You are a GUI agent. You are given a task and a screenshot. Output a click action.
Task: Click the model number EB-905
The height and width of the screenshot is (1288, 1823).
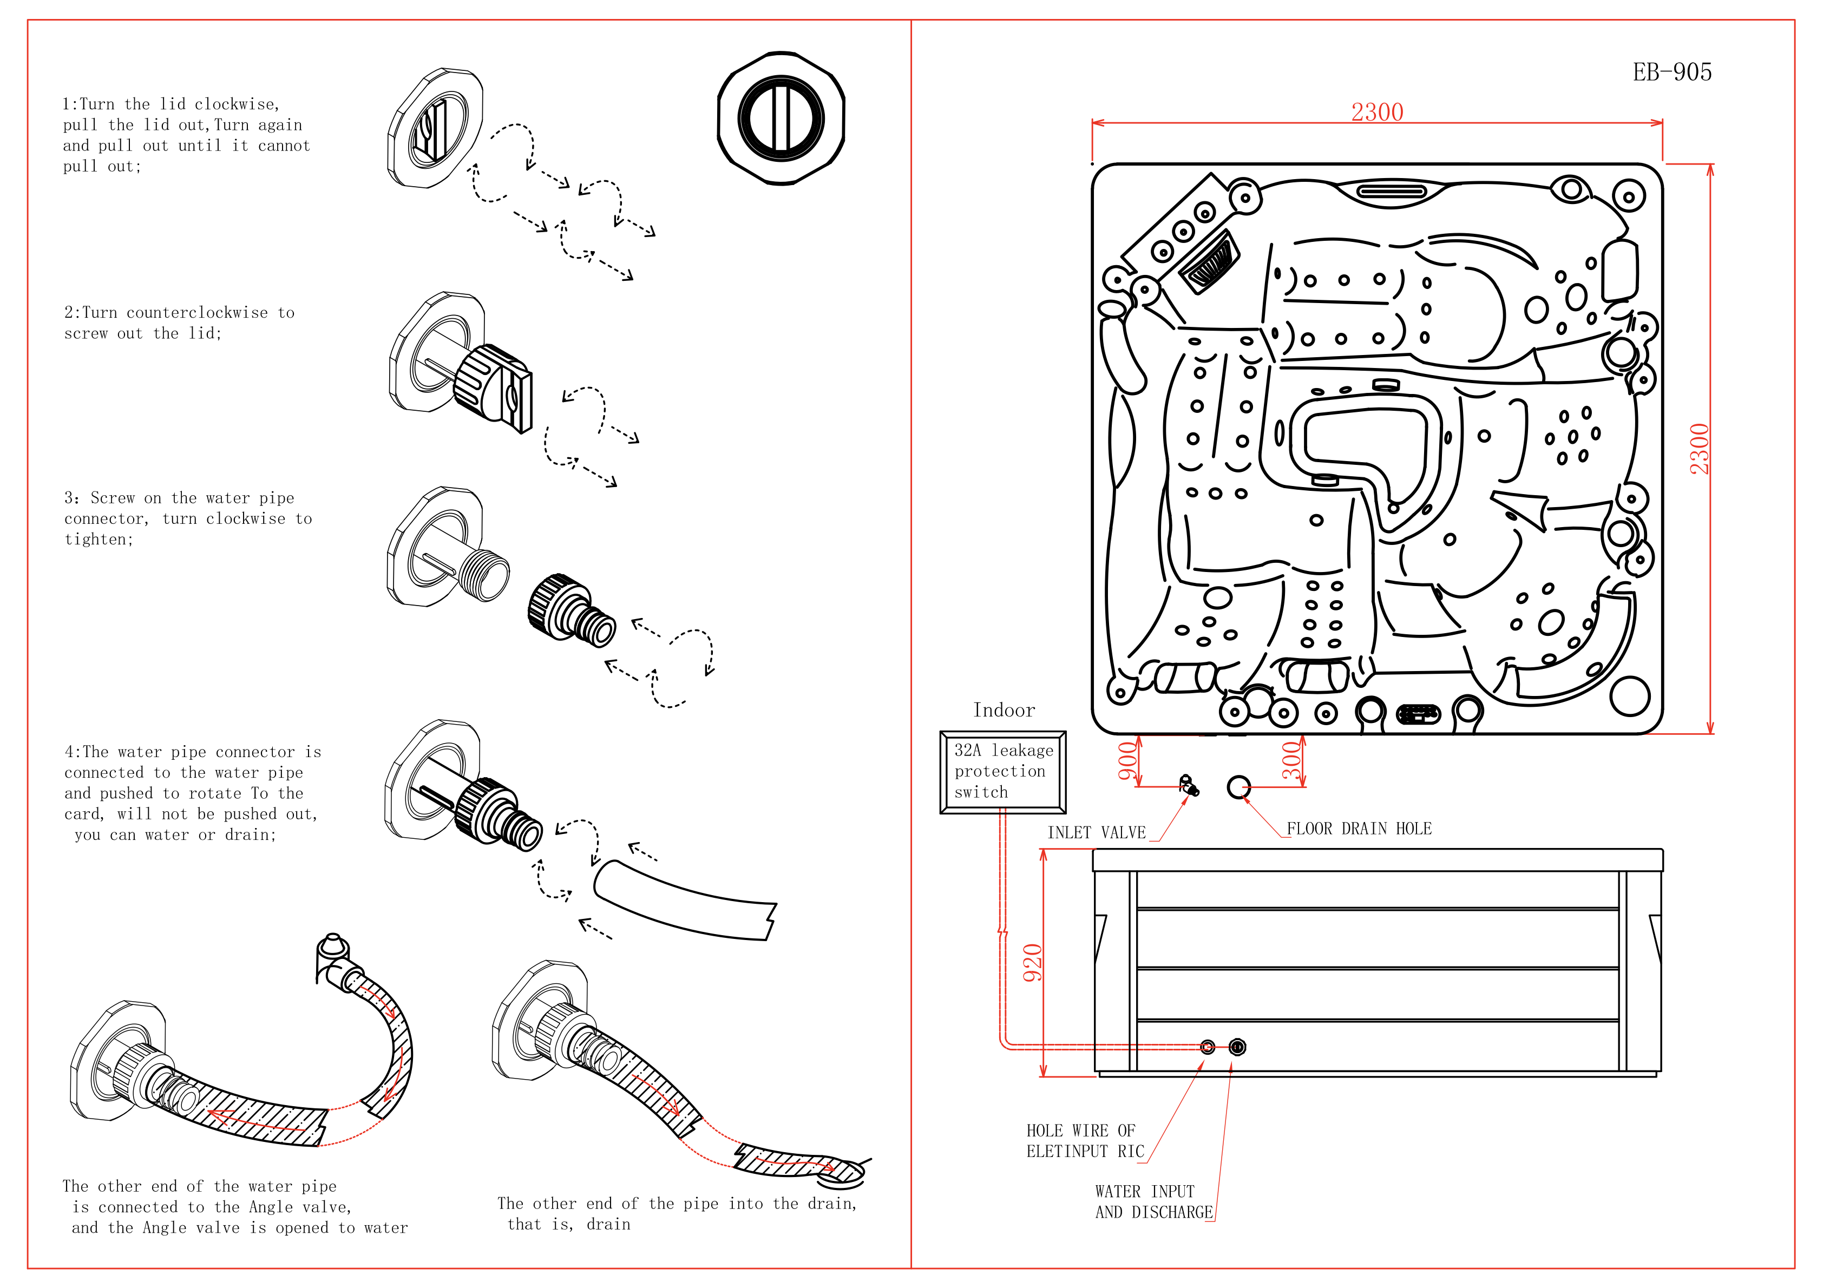1671,73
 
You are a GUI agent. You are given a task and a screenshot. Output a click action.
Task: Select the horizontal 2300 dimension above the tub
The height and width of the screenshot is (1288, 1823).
1377,112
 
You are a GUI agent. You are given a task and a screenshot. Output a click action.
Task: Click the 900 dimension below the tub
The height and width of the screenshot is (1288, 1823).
1127,761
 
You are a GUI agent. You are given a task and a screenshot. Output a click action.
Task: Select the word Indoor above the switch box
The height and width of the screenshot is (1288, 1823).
1004,710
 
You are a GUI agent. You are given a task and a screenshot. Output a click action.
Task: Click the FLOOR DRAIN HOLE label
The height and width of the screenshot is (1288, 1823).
1359,828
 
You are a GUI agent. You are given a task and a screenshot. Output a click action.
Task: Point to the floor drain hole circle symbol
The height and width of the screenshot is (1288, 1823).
1238,787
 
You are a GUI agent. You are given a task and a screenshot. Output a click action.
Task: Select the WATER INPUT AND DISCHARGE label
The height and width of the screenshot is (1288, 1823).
1153,1201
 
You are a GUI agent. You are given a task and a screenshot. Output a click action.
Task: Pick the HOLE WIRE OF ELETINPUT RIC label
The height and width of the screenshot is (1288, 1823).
1085,1140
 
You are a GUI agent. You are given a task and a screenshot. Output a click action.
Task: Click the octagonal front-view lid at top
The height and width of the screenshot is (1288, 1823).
781,119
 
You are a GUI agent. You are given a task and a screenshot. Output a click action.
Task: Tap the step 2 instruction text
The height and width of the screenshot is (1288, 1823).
180,323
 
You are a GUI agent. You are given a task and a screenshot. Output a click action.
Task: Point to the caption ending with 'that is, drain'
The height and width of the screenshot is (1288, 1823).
677,1213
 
